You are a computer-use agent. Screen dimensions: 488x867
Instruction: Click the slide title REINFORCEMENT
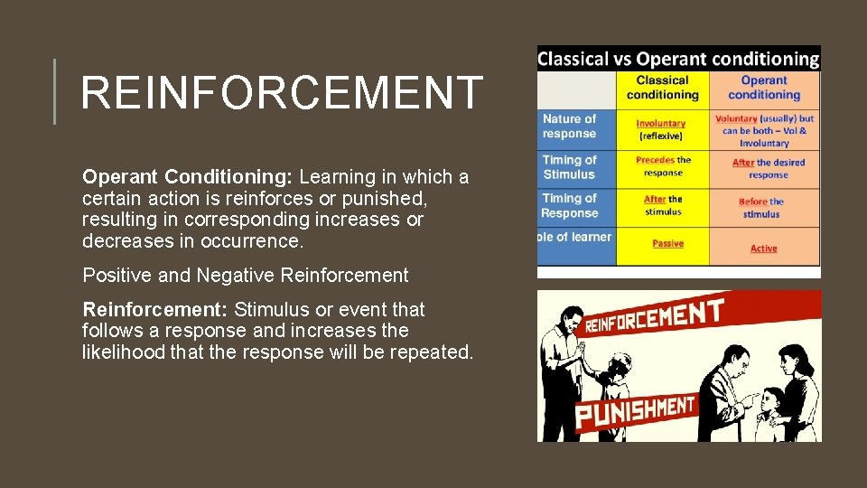pos(282,93)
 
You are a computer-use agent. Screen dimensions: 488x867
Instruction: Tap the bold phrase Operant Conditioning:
pos(188,177)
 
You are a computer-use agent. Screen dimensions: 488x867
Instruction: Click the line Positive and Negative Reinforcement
pos(246,275)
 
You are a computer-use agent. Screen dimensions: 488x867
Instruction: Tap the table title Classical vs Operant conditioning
pos(678,60)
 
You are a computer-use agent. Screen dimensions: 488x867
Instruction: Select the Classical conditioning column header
pos(662,88)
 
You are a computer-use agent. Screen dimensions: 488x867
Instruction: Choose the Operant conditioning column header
pos(764,88)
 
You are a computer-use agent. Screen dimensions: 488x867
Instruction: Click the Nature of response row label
pos(569,127)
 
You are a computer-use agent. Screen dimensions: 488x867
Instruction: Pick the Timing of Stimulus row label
pos(569,167)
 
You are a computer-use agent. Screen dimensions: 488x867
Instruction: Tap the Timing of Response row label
pos(569,206)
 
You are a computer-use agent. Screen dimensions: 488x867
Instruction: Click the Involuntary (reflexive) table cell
pos(661,129)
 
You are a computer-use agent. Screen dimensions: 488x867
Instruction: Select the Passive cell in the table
pos(667,243)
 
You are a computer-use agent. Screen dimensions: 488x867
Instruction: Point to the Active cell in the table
pos(763,249)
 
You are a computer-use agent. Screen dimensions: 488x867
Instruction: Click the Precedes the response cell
pos(663,166)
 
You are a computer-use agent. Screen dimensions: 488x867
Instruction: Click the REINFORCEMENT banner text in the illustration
pos(654,317)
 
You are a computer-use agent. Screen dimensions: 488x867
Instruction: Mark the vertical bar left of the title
pos(54,91)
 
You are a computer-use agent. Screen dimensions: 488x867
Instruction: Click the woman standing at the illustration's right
pos(798,389)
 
